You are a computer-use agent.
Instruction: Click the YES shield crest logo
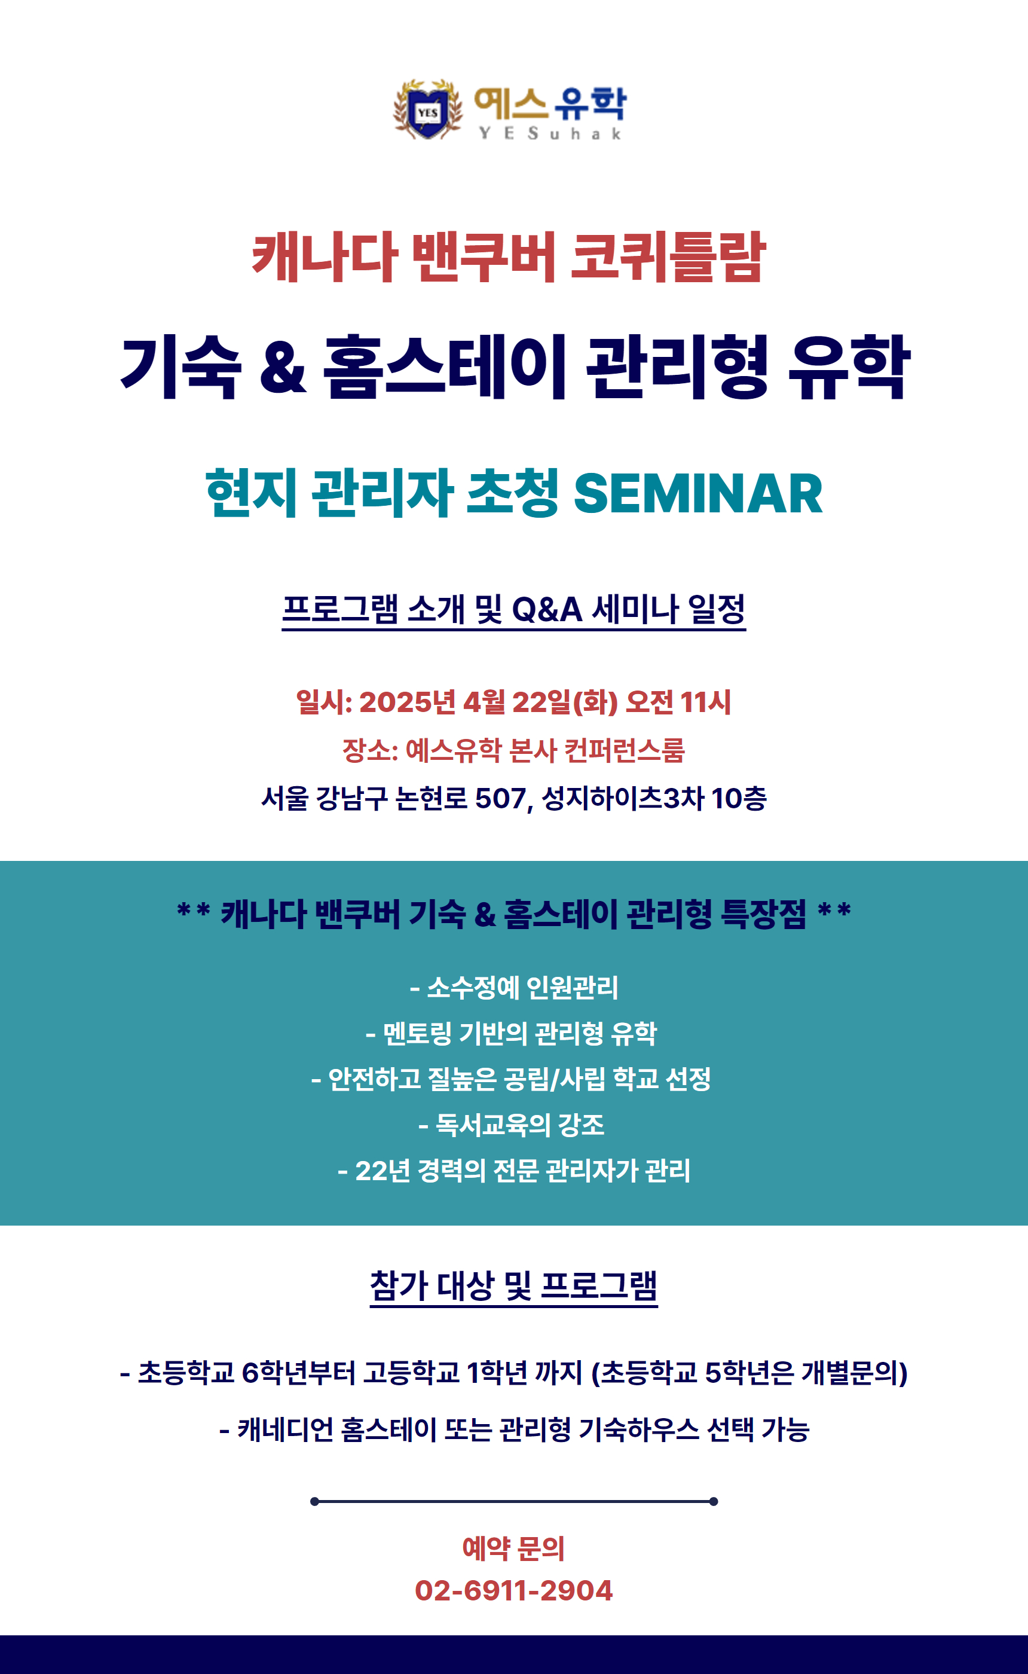pos(428,109)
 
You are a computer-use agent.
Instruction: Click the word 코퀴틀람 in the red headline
pos(668,256)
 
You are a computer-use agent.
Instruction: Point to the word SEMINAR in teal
pos(698,493)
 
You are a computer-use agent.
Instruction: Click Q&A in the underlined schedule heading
pos(547,609)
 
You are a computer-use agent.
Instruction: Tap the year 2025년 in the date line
pos(407,702)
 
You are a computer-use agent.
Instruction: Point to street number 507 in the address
pos(500,798)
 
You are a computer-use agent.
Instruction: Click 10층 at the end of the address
pos(738,798)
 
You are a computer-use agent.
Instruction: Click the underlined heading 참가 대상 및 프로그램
pos(514,1286)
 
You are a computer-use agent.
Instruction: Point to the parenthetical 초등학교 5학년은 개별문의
pos(750,1372)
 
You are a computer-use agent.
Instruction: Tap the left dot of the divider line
pos(315,1501)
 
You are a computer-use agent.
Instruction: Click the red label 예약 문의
pos(514,1548)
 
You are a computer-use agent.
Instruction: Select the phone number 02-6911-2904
pos(514,1591)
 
